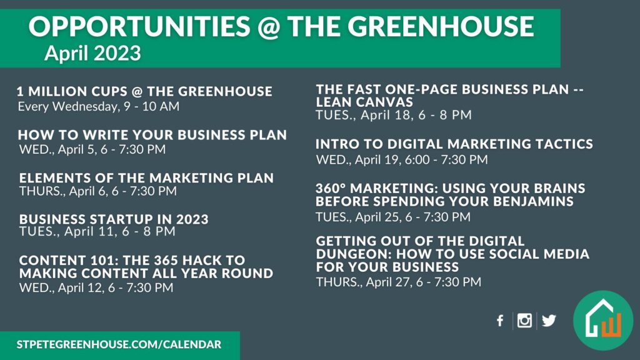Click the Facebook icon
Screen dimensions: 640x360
click(x=500, y=321)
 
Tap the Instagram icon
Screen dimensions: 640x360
click(x=524, y=321)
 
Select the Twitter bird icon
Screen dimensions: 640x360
click(x=549, y=321)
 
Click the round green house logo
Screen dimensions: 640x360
click(x=603, y=321)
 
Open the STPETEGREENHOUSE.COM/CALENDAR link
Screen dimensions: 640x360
click(x=119, y=344)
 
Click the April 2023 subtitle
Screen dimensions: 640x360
click(x=92, y=53)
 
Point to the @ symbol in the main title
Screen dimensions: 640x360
click(x=268, y=27)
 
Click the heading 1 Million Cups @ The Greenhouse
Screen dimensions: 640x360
click(x=144, y=91)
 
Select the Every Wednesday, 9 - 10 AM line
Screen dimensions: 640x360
click(x=98, y=106)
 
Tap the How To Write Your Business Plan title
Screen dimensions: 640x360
click(x=152, y=135)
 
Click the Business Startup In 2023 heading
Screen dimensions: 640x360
click(x=114, y=219)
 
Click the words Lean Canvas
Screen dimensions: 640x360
click(x=364, y=102)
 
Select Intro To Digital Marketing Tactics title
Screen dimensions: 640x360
click(x=454, y=144)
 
